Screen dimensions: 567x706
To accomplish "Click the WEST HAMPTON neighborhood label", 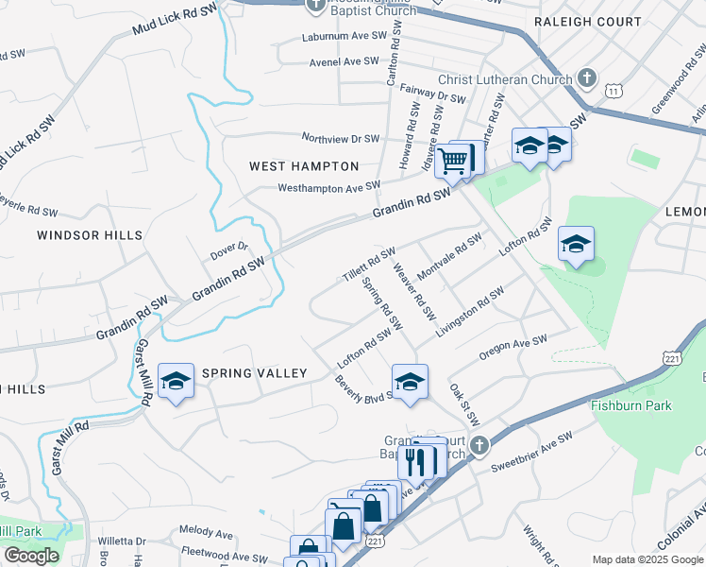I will click(304, 166).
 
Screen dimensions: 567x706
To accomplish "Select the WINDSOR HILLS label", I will click(90, 234).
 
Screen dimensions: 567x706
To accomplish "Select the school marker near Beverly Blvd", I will click(410, 382).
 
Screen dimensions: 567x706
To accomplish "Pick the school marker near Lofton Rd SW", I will click(576, 244).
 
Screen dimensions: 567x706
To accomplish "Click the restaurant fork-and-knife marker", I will click(415, 461).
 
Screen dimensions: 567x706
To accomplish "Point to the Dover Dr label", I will click(228, 250).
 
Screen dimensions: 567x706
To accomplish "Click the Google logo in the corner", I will click(31, 556).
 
